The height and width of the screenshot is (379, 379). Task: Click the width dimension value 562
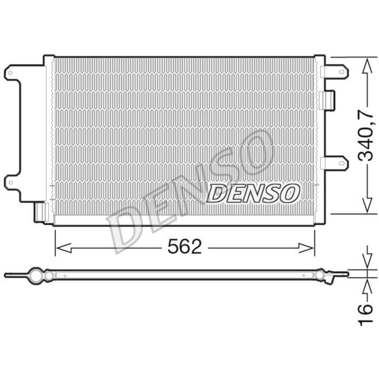click(184, 247)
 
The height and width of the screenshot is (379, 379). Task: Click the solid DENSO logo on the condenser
click(253, 192)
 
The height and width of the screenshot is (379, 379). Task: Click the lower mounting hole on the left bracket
click(9, 181)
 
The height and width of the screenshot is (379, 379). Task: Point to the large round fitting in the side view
click(36, 275)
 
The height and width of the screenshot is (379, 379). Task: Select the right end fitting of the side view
click(328, 275)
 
